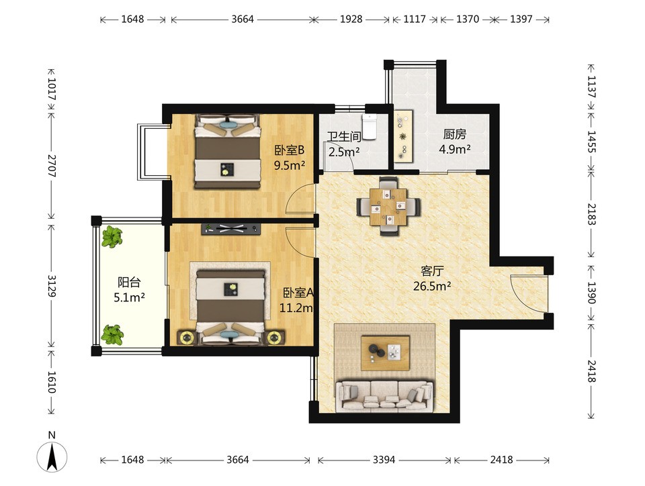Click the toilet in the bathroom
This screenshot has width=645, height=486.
pos(369,127)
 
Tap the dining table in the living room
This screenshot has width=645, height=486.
pos(388,206)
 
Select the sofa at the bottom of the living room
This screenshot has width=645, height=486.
pos(385,397)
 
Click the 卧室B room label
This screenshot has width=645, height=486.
pos(289,150)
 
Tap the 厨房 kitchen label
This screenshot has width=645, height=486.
pos(455,134)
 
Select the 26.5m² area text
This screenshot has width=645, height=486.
pos(432,286)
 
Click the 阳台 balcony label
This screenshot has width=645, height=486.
pos(129,282)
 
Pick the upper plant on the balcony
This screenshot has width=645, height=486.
pos(112,237)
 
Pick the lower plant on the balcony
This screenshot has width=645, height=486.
pos(112,334)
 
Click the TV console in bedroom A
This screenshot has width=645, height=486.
pos(231,229)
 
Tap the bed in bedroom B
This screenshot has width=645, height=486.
pos(228,152)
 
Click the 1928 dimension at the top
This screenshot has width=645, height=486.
pos(351,19)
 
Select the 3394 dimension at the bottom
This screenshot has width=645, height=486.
pos(384,460)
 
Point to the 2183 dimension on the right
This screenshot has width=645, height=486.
pos(591,214)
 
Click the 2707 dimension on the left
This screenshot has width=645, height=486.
pos(52,166)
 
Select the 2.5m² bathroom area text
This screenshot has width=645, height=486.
pos(344,152)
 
